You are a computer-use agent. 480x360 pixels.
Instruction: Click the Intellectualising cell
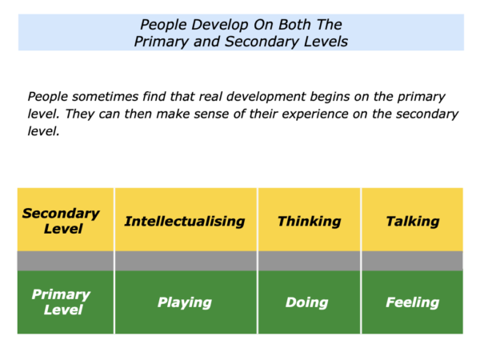coord(186,219)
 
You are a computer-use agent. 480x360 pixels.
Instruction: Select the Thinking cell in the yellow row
coord(309,219)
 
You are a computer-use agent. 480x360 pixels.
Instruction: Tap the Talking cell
coord(412,219)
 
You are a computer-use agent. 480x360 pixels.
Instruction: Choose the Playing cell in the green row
coord(186,302)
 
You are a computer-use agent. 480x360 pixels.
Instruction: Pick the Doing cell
coord(309,302)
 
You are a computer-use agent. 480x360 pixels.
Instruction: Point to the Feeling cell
coord(412,302)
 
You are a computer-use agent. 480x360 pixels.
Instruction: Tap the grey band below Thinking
coord(309,261)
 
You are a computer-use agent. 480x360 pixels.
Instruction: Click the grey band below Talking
coord(412,261)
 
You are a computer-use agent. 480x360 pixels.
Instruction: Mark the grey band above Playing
coord(186,261)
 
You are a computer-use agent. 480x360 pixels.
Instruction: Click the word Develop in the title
coord(219,25)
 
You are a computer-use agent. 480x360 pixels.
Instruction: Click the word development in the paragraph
coord(266,97)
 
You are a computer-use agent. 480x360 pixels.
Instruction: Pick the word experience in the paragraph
coord(315,114)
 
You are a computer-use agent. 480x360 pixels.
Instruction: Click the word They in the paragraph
coord(78,114)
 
